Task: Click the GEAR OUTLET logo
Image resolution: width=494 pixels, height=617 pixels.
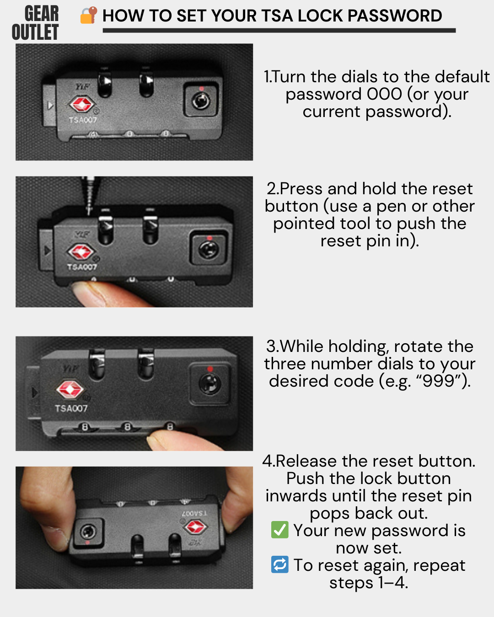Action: click(35, 23)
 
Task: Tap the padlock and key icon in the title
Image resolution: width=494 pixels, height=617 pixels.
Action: click(89, 15)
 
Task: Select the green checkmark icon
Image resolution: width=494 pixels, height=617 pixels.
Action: click(279, 530)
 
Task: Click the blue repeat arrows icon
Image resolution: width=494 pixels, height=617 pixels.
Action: click(279, 564)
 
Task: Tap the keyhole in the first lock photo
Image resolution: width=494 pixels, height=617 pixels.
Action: click(201, 101)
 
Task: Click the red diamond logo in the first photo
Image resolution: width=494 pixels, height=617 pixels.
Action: click(82, 104)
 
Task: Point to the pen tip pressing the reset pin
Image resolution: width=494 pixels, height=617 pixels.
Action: click(89, 212)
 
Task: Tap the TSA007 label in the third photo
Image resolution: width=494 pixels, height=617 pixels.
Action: click(71, 408)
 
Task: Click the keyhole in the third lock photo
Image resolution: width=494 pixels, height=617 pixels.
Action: click(210, 383)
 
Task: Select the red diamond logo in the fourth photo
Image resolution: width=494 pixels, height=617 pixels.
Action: click(195, 527)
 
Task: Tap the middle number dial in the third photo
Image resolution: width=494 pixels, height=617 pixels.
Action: click(128, 427)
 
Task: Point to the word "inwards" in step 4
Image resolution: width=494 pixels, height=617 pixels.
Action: click(296, 496)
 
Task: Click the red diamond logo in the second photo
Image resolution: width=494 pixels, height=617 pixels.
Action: click(81, 252)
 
